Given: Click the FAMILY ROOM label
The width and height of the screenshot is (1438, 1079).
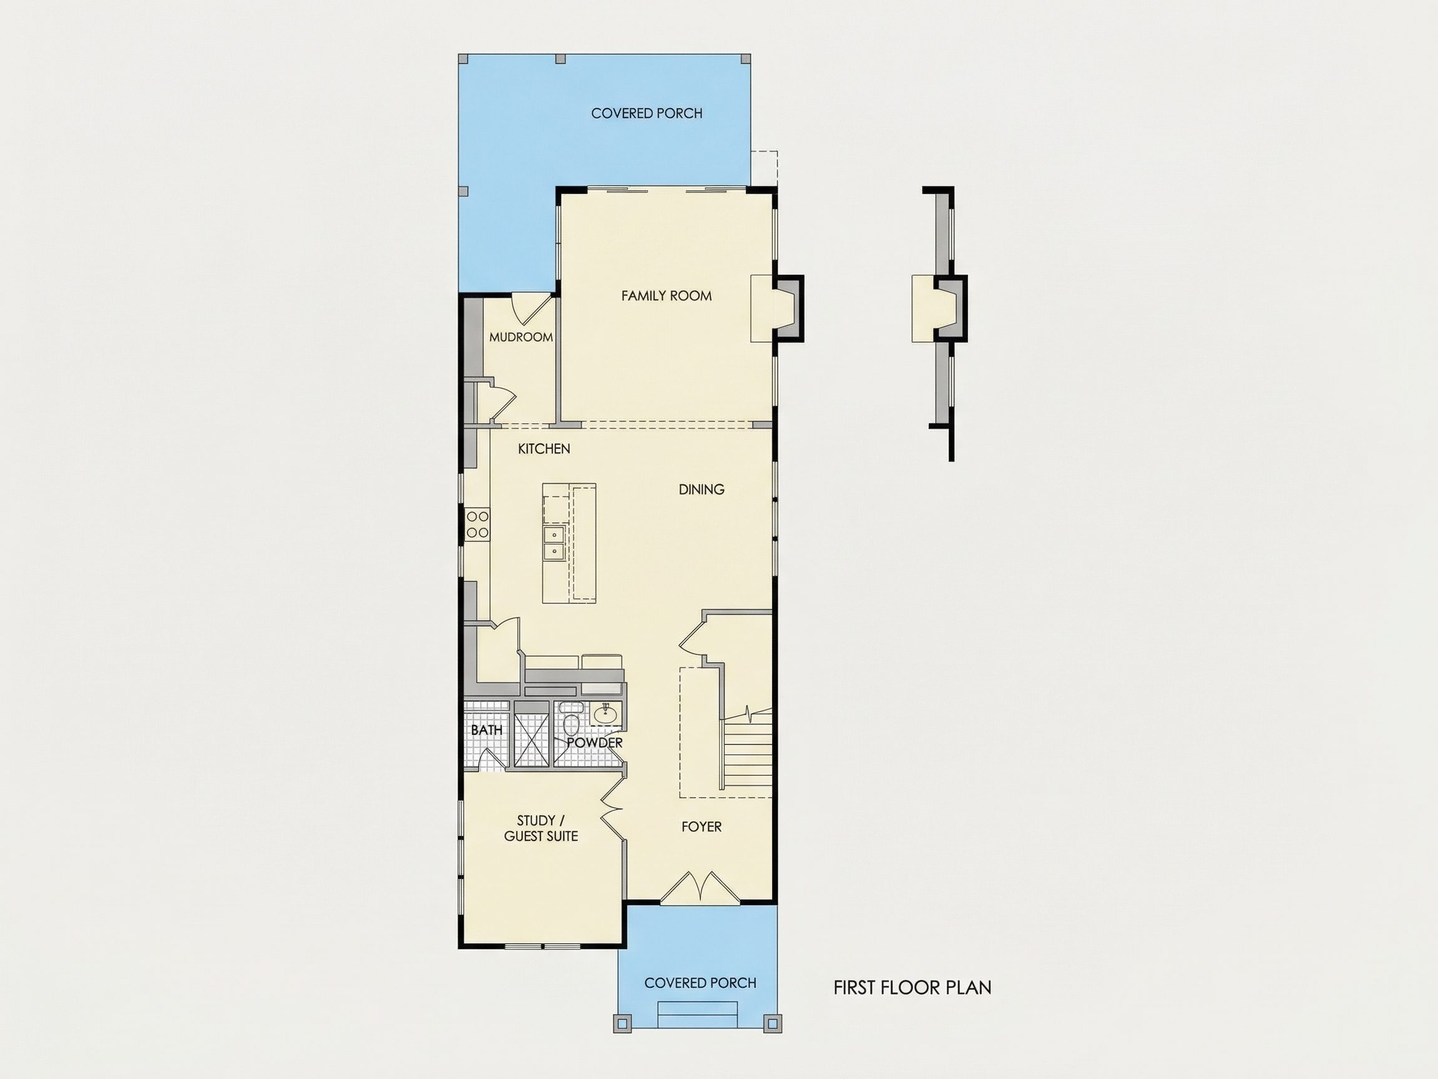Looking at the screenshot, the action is [x=667, y=296].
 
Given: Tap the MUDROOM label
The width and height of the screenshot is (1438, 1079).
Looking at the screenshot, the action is [x=521, y=337].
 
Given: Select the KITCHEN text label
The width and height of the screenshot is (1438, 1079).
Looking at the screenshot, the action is [x=544, y=449].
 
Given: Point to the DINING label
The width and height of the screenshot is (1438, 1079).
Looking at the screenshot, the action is [x=702, y=489].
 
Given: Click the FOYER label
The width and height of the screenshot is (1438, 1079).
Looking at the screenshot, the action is [x=702, y=827].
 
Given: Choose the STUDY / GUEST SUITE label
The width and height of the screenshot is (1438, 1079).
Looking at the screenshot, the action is [x=541, y=829].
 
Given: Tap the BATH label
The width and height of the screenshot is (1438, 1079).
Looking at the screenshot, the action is [x=486, y=730].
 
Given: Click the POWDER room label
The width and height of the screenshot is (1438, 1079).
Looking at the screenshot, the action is [x=595, y=742].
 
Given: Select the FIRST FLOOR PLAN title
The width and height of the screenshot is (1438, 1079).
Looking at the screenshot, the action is [x=912, y=988].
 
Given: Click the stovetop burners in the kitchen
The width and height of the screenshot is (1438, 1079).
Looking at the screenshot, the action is [x=478, y=525].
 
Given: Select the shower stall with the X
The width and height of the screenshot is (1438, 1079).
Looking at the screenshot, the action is [x=532, y=741].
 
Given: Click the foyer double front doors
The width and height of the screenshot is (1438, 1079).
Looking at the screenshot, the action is [x=700, y=887].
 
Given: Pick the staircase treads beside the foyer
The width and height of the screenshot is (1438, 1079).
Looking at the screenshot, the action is [x=747, y=752].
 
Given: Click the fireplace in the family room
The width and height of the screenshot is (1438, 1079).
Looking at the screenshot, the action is [x=778, y=308].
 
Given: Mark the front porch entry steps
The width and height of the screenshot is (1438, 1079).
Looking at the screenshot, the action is [x=698, y=1015].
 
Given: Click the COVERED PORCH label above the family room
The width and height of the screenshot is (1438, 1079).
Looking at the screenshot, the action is [x=647, y=113].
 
